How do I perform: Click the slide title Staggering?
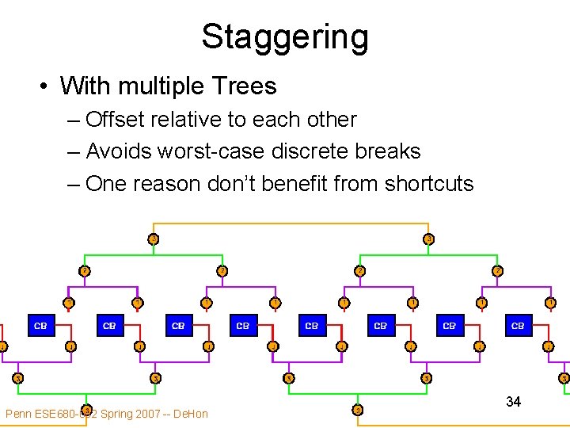(285, 36)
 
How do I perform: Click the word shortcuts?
(428, 184)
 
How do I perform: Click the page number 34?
(513, 402)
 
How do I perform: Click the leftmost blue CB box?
(40, 325)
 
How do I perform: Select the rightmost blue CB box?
(518, 325)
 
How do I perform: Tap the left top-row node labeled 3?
(153, 239)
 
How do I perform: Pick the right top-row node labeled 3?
(427, 239)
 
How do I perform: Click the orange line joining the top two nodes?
(290, 224)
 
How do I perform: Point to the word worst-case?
(214, 151)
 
